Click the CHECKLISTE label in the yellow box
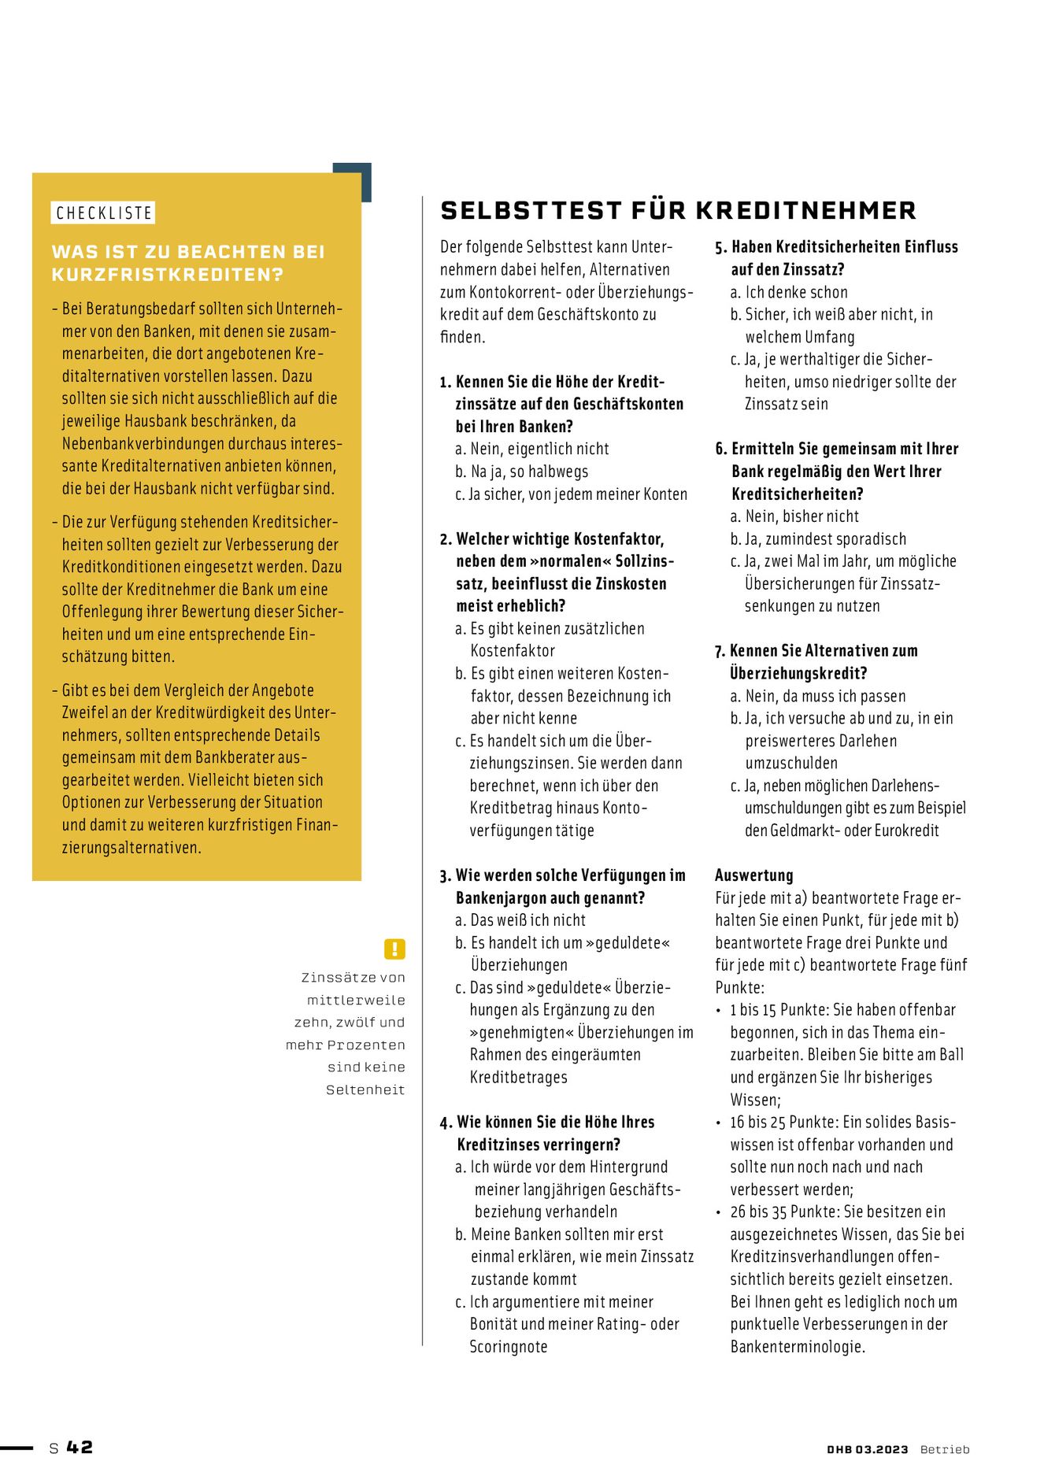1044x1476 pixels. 103,213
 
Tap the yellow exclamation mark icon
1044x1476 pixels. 394,949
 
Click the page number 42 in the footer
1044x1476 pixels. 80,1448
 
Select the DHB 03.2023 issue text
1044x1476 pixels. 867,1449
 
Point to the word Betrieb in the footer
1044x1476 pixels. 944,1449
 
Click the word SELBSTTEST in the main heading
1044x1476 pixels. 531,211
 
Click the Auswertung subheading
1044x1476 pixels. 753,875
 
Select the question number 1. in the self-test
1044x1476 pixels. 446,383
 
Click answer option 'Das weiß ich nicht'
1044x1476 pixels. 528,920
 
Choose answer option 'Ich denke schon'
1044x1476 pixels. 796,292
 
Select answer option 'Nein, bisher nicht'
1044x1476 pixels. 802,516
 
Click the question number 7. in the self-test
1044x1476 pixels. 720,652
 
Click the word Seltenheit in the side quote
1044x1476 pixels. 365,1090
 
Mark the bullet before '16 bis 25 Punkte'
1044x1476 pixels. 719,1123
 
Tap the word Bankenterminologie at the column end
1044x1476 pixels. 797,1347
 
